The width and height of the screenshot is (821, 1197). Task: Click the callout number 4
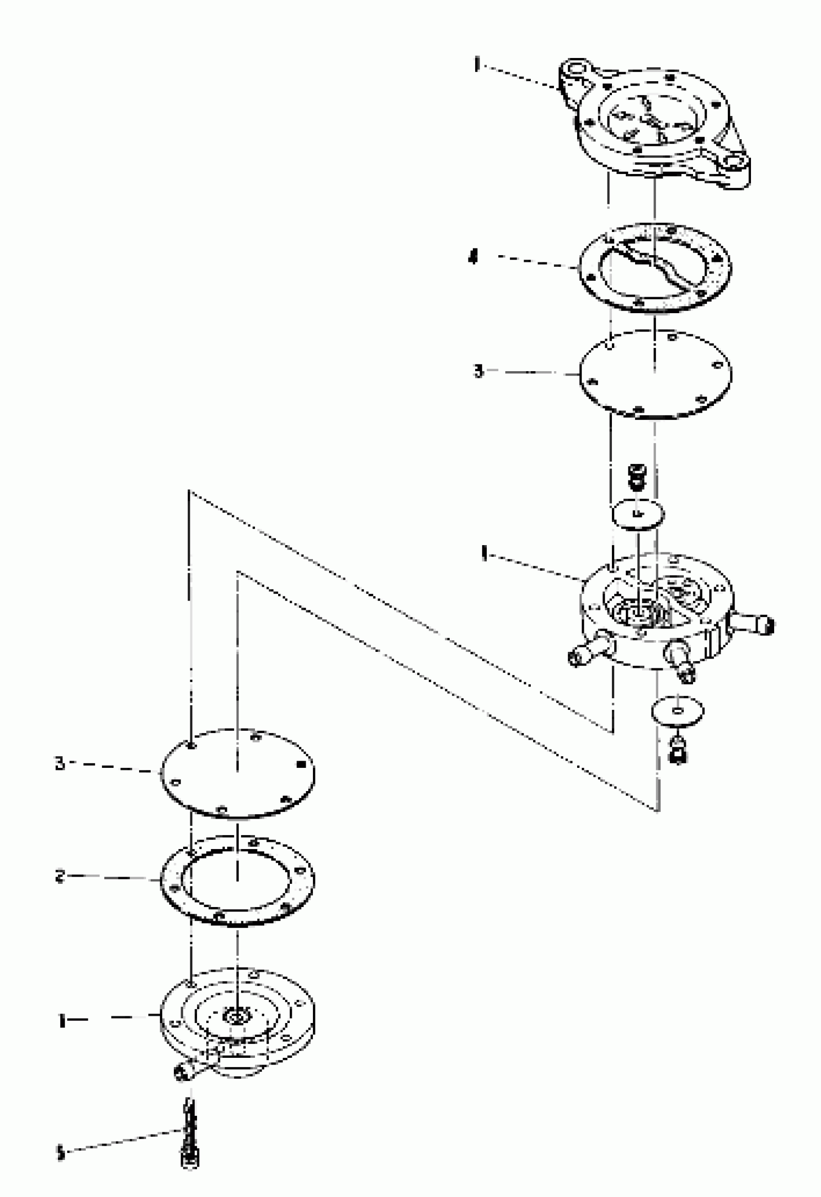click(473, 257)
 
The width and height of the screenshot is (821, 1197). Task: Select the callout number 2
click(60, 876)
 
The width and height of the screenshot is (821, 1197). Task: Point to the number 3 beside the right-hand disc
click(479, 371)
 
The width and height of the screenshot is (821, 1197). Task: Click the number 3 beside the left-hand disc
click(60, 764)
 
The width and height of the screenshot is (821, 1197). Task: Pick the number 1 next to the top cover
click(477, 65)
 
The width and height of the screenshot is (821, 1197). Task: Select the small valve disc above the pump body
click(637, 514)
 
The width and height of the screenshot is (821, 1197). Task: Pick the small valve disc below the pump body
click(678, 711)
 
